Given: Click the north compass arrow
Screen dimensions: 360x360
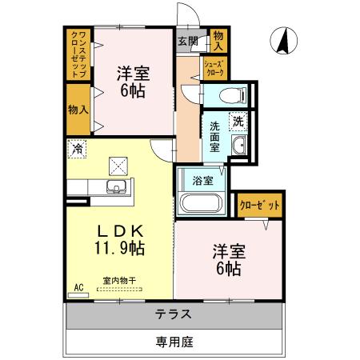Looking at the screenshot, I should [282, 40].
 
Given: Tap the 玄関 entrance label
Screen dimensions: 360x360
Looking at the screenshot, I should [187, 42].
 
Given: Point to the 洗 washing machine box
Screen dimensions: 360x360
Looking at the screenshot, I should [238, 122].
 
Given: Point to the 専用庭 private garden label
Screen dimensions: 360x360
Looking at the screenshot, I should [174, 342].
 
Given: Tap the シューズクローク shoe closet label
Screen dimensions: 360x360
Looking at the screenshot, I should [214, 69].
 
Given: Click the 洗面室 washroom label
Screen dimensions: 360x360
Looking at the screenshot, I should [215, 132].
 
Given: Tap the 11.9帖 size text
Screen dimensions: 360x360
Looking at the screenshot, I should [118, 248].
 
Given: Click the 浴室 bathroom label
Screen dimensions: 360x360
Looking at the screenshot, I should [203, 180].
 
